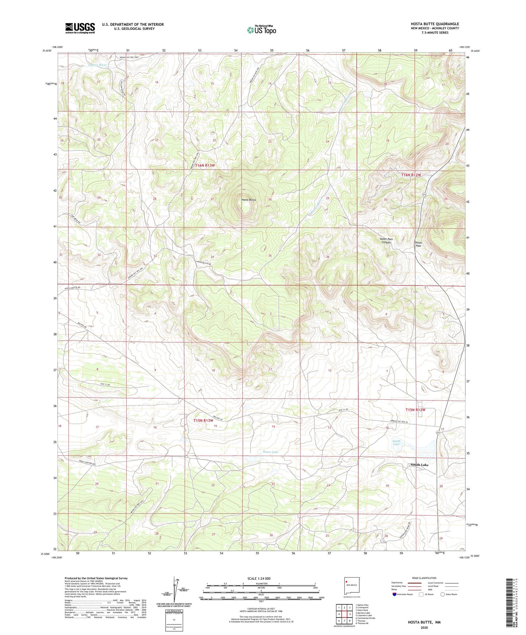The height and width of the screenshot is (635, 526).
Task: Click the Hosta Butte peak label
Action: pyautogui.click(x=249, y=200)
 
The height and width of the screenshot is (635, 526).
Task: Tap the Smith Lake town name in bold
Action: pyautogui.click(x=419, y=465)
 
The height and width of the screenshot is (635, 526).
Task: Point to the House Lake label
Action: pyautogui.click(x=270, y=452)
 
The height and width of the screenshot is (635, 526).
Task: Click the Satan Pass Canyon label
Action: pyautogui.click(x=386, y=240)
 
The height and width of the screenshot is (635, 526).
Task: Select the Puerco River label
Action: pyautogui.click(x=98, y=65)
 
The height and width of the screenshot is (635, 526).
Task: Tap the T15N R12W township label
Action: pyautogui.click(x=415, y=410)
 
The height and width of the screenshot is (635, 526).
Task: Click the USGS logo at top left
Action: pyautogui.click(x=80, y=28)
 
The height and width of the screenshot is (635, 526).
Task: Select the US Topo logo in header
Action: pyautogui.click(x=261, y=30)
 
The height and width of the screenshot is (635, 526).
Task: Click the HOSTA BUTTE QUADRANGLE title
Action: pyautogui.click(x=430, y=24)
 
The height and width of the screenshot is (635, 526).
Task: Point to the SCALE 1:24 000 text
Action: pyautogui.click(x=259, y=578)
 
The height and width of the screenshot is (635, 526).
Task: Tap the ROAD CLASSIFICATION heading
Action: pyautogui.click(x=424, y=578)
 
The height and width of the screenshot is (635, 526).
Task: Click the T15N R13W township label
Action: pyautogui.click(x=203, y=420)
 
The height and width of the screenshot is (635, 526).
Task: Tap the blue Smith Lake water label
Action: pyautogui.click(x=396, y=443)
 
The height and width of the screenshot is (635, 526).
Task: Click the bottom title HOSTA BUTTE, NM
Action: pyautogui.click(x=424, y=622)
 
